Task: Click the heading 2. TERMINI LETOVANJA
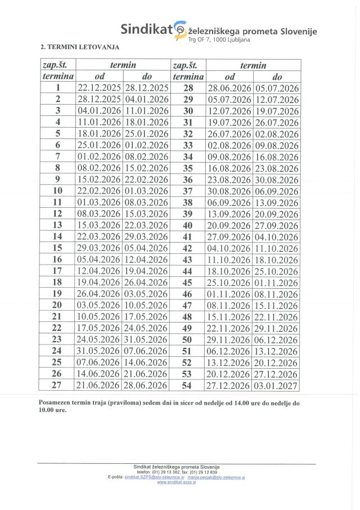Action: click(80, 47)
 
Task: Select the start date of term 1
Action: click(99, 87)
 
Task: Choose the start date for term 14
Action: click(99, 236)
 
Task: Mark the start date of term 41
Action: click(229, 237)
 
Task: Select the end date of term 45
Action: click(277, 283)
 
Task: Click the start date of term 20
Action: click(99, 305)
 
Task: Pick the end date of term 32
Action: click(277, 134)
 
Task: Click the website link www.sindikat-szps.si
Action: click(176, 482)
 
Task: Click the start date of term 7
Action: click(99, 156)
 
